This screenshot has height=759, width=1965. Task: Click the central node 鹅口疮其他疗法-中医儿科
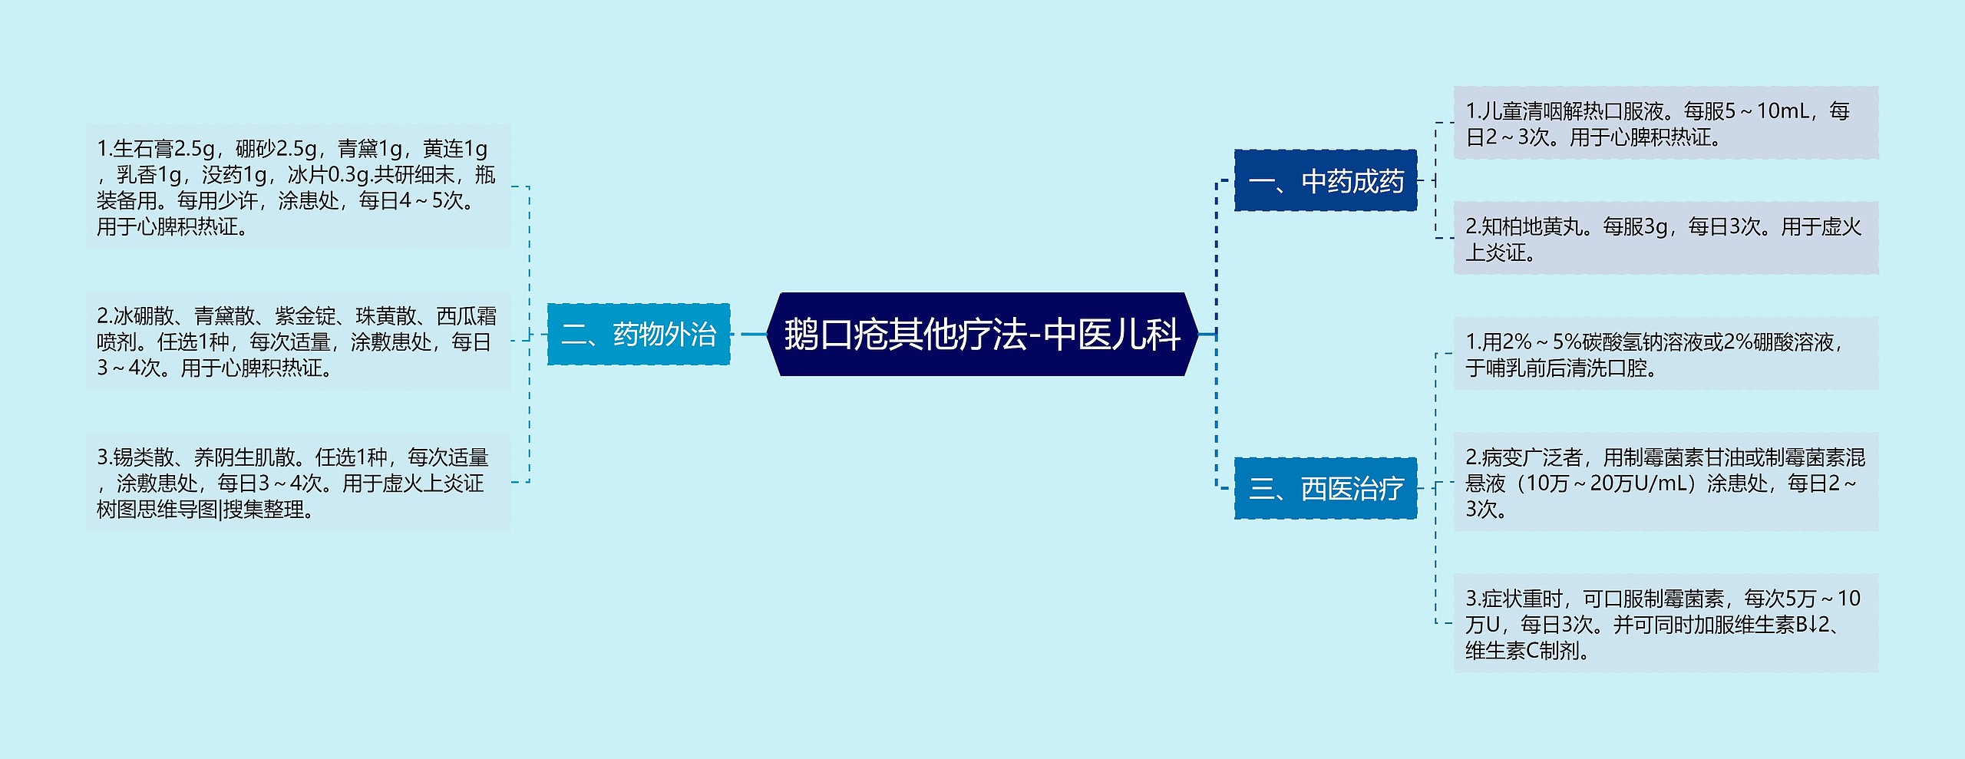pyautogui.click(x=982, y=335)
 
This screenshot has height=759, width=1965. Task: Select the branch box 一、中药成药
pyautogui.click(x=1326, y=181)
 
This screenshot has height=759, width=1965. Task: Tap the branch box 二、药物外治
pyautogui.click(x=638, y=335)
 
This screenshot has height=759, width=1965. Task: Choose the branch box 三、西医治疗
pyautogui.click(x=1326, y=488)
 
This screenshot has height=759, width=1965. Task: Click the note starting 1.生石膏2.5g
pyautogui.click(x=298, y=187)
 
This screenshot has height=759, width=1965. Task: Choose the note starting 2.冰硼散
pyautogui.click(x=298, y=342)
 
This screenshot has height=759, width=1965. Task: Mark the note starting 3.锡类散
pyautogui.click(x=298, y=483)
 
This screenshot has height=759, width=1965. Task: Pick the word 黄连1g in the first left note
pyautogui.click(x=454, y=149)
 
